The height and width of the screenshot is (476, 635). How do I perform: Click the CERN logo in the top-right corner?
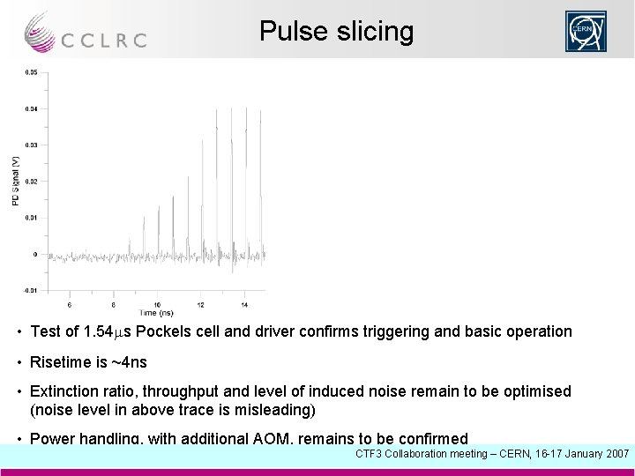[x=586, y=32]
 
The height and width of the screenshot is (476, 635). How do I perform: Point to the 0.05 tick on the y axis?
[x=32, y=72]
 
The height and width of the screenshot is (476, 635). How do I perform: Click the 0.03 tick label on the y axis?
[x=32, y=145]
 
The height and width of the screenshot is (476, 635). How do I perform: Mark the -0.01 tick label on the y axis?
[x=31, y=290]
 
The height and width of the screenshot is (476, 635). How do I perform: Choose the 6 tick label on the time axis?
[x=70, y=306]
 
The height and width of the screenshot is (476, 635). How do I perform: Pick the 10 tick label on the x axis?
[x=157, y=306]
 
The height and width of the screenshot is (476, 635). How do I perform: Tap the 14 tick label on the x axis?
[x=244, y=306]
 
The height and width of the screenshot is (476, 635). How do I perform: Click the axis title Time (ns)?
[x=155, y=313]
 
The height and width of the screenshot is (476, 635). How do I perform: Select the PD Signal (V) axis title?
[x=15, y=182]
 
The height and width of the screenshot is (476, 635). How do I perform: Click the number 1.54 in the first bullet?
[x=97, y=332]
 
